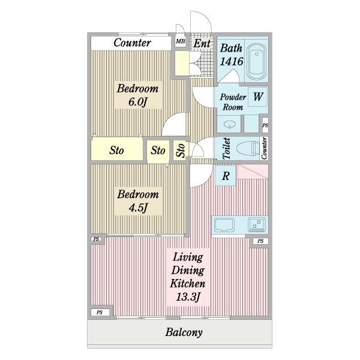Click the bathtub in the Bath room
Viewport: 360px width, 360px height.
click(257, 61)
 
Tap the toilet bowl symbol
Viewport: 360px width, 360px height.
click(248, 148)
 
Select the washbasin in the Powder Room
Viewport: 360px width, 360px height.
click(230, 125)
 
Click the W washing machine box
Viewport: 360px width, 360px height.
click(258, 97)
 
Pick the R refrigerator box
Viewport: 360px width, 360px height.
click(226, 176)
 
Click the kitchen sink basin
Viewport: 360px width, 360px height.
click(224, 225)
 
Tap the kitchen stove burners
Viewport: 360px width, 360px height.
click(256, 224)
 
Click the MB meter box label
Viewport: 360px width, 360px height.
click(181, 41)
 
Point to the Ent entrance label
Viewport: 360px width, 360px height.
click(202, 43)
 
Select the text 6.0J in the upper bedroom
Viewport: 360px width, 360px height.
click(137, 102)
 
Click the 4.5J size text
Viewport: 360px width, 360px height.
click(138, 208)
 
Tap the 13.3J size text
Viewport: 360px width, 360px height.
click(188, 296)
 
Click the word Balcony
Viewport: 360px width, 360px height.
click(184, 332)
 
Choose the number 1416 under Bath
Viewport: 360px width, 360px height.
click(232, 61)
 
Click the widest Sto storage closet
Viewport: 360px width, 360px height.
click(117, 150)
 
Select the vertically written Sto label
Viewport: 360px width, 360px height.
click(181, 151)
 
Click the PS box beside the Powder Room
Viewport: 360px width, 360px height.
click(265, 125)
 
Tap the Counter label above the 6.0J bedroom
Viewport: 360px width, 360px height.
click(132, 43)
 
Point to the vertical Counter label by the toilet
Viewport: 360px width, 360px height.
click(264, 148)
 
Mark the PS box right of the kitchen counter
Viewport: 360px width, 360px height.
click(260, 241)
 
